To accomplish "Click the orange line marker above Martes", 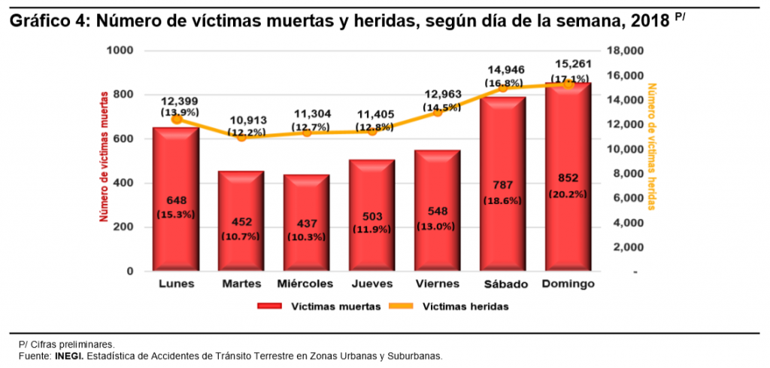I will pos(241,136).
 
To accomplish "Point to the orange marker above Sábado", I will pos(502,87).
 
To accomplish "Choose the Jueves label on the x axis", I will pos(371,284).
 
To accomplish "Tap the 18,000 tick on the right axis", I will pos(625,50).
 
